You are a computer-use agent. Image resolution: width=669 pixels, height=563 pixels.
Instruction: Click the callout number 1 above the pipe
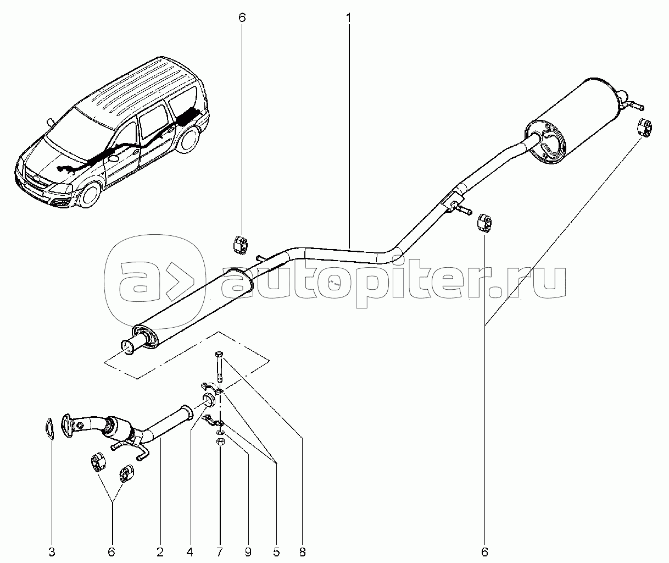(349, 18)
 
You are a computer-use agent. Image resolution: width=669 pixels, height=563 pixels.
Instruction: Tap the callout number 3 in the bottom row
(52, 552)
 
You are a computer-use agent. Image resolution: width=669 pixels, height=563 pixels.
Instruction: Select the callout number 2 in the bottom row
(160, 552)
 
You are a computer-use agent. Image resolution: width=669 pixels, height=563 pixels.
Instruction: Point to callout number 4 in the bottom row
(189, 552)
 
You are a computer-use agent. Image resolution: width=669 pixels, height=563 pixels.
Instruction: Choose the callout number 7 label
(220, 552)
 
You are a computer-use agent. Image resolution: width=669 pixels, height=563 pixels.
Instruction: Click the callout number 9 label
(248, 552)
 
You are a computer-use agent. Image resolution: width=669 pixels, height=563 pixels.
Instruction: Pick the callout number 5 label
(276, 552)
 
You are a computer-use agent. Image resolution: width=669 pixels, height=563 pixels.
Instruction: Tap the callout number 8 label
(303, 552)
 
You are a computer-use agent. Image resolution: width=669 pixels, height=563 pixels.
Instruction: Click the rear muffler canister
(573, 120)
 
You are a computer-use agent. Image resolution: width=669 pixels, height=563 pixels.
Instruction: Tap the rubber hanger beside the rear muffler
(644, 128)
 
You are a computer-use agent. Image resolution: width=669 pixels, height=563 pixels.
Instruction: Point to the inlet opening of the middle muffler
(127, 347)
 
